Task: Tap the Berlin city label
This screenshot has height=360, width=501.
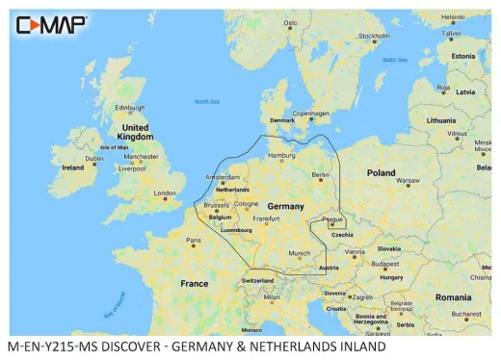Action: [x=320, y=175]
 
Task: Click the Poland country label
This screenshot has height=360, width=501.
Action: [x=381, y=173]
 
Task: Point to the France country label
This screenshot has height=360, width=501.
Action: [x=195, y=284]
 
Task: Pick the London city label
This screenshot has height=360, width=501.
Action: [x=166, y=193]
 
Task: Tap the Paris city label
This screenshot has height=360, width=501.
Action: [x=193, y=240]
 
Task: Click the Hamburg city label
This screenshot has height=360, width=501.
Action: [x=280, y=155]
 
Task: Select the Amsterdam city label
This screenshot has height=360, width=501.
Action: [x=223, y=178]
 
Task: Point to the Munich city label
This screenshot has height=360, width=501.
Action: [x=300, y=254]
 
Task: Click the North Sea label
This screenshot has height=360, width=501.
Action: [x=207, y=101]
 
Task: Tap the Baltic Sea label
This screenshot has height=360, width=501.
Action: [x=395, y=61]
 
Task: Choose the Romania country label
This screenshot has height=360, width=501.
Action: [x=453, y=297]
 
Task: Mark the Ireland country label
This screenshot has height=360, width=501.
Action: [x=72, y=167]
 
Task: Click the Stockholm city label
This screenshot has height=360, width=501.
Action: [x=374, y=38]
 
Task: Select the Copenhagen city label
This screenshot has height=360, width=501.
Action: [x=311, y=113]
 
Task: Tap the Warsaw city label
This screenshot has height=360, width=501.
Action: [x=409, y=181]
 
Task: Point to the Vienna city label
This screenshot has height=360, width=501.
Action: [x=356, y=252]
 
